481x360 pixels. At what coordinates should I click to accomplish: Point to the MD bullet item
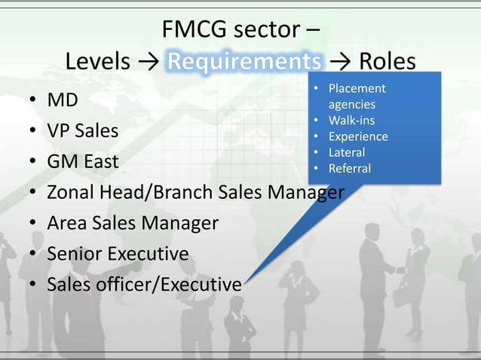tap(61, 99)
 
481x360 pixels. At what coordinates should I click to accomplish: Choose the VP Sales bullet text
tap(83, 130)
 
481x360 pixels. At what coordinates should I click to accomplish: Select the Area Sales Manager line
tap(133, 223)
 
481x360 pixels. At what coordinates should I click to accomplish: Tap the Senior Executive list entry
tap(118, 254)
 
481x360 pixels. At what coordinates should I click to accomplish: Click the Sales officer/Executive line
tap(144, 285)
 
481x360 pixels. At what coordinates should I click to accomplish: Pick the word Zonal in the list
tap(72, 192)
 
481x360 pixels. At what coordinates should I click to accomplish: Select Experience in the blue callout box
tap(358, 136)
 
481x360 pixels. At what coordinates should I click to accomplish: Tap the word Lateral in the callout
tap(347, 152)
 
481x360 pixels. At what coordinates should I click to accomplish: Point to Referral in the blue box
tap(350, 168)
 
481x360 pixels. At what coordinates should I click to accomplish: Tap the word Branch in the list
tap(185, 192)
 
